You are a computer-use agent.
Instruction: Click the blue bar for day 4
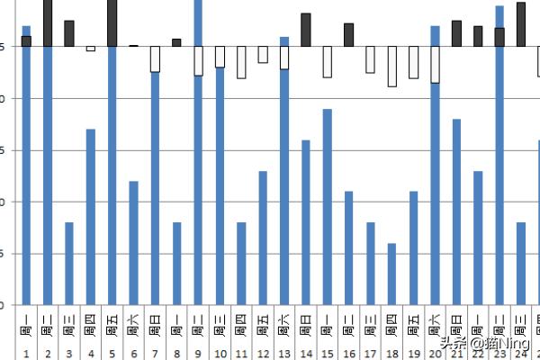click(91, 216)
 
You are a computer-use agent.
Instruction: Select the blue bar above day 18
click(391, 274)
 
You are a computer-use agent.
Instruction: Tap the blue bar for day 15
click(328, 206)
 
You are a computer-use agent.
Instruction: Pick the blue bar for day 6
click(134, 242)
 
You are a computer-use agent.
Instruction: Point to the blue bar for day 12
click(263, 238)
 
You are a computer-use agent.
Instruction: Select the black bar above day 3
click(69, 33)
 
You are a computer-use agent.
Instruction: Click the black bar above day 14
click(306, 30)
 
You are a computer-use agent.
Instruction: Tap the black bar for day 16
click(349, 35)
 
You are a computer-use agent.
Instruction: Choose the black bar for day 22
click(478, 36)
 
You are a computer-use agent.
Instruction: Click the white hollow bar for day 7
click(156, 59)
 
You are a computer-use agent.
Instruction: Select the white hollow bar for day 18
click(392, 67)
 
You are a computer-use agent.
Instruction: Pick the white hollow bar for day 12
click(263, 55)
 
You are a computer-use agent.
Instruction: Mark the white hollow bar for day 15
click(328, 62)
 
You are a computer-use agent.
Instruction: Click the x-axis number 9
click(198, 353)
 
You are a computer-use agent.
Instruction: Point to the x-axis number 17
click(370, 353)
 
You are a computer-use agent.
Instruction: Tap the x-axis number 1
click(26, 353)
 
